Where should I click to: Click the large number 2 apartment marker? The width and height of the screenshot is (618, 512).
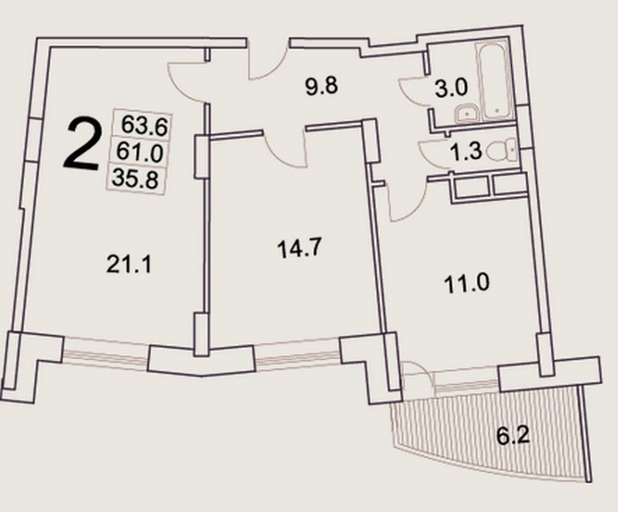(x=82, y=145)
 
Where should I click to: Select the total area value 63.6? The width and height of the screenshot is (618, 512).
(x=144, y=125)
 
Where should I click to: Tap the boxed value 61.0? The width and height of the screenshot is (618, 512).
(x=139, y=152)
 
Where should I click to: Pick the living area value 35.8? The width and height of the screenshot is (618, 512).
(x=135, y=179)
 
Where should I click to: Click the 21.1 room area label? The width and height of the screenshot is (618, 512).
(x=129, y=265)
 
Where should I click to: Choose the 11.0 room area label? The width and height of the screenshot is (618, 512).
(x=467, y=283)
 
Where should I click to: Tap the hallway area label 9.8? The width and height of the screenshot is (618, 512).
(x=321, y=86)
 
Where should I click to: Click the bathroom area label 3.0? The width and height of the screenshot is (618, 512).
(x=451, y=88)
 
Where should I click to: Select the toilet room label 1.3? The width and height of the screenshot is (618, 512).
(x=466, y=151)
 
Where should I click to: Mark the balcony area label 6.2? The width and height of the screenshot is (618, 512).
(x=512, y=437)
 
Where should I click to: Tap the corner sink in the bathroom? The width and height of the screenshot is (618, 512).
(x=467, y=114)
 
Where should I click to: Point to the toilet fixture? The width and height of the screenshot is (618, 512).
(x=501, y=150)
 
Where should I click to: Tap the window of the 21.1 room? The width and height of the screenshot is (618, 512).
(x=106, y=354)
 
